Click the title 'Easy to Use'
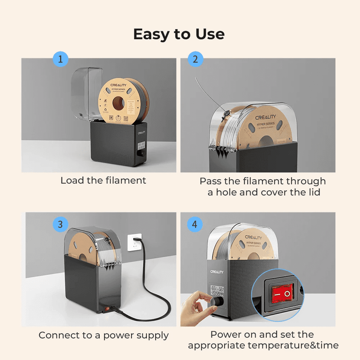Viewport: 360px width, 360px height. click(x=179, y=34)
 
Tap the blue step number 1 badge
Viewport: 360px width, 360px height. click(x=60, y=59)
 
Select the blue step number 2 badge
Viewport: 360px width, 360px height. click(x=195, y=59)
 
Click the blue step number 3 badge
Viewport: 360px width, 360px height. click(x=60, y=225)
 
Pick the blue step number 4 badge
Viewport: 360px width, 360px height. click(x=195, y=225)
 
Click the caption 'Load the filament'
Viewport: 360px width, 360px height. click(x=103, y=180)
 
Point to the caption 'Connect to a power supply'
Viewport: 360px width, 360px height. click(x=104, y=335)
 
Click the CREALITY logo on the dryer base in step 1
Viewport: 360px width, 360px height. click(x=141, y=132)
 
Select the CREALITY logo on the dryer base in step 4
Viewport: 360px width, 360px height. click(x=217, y=272)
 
